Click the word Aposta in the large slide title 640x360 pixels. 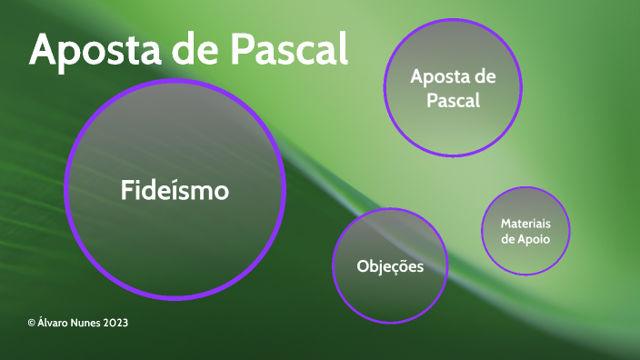[90, 50]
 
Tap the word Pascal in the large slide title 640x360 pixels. [288, 50]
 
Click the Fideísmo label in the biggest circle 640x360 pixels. [175, 191]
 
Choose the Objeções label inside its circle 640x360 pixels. [390, 266]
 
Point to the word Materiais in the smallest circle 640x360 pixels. [526, 223]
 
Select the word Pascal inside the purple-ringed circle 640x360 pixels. [453, 100]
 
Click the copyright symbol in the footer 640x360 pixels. [31, 323]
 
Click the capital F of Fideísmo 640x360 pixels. [127, 191]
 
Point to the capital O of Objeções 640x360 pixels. [363, 266]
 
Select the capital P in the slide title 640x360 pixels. [240, 50]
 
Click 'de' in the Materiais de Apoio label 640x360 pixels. [509, 238]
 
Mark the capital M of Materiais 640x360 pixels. [505, 223]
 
